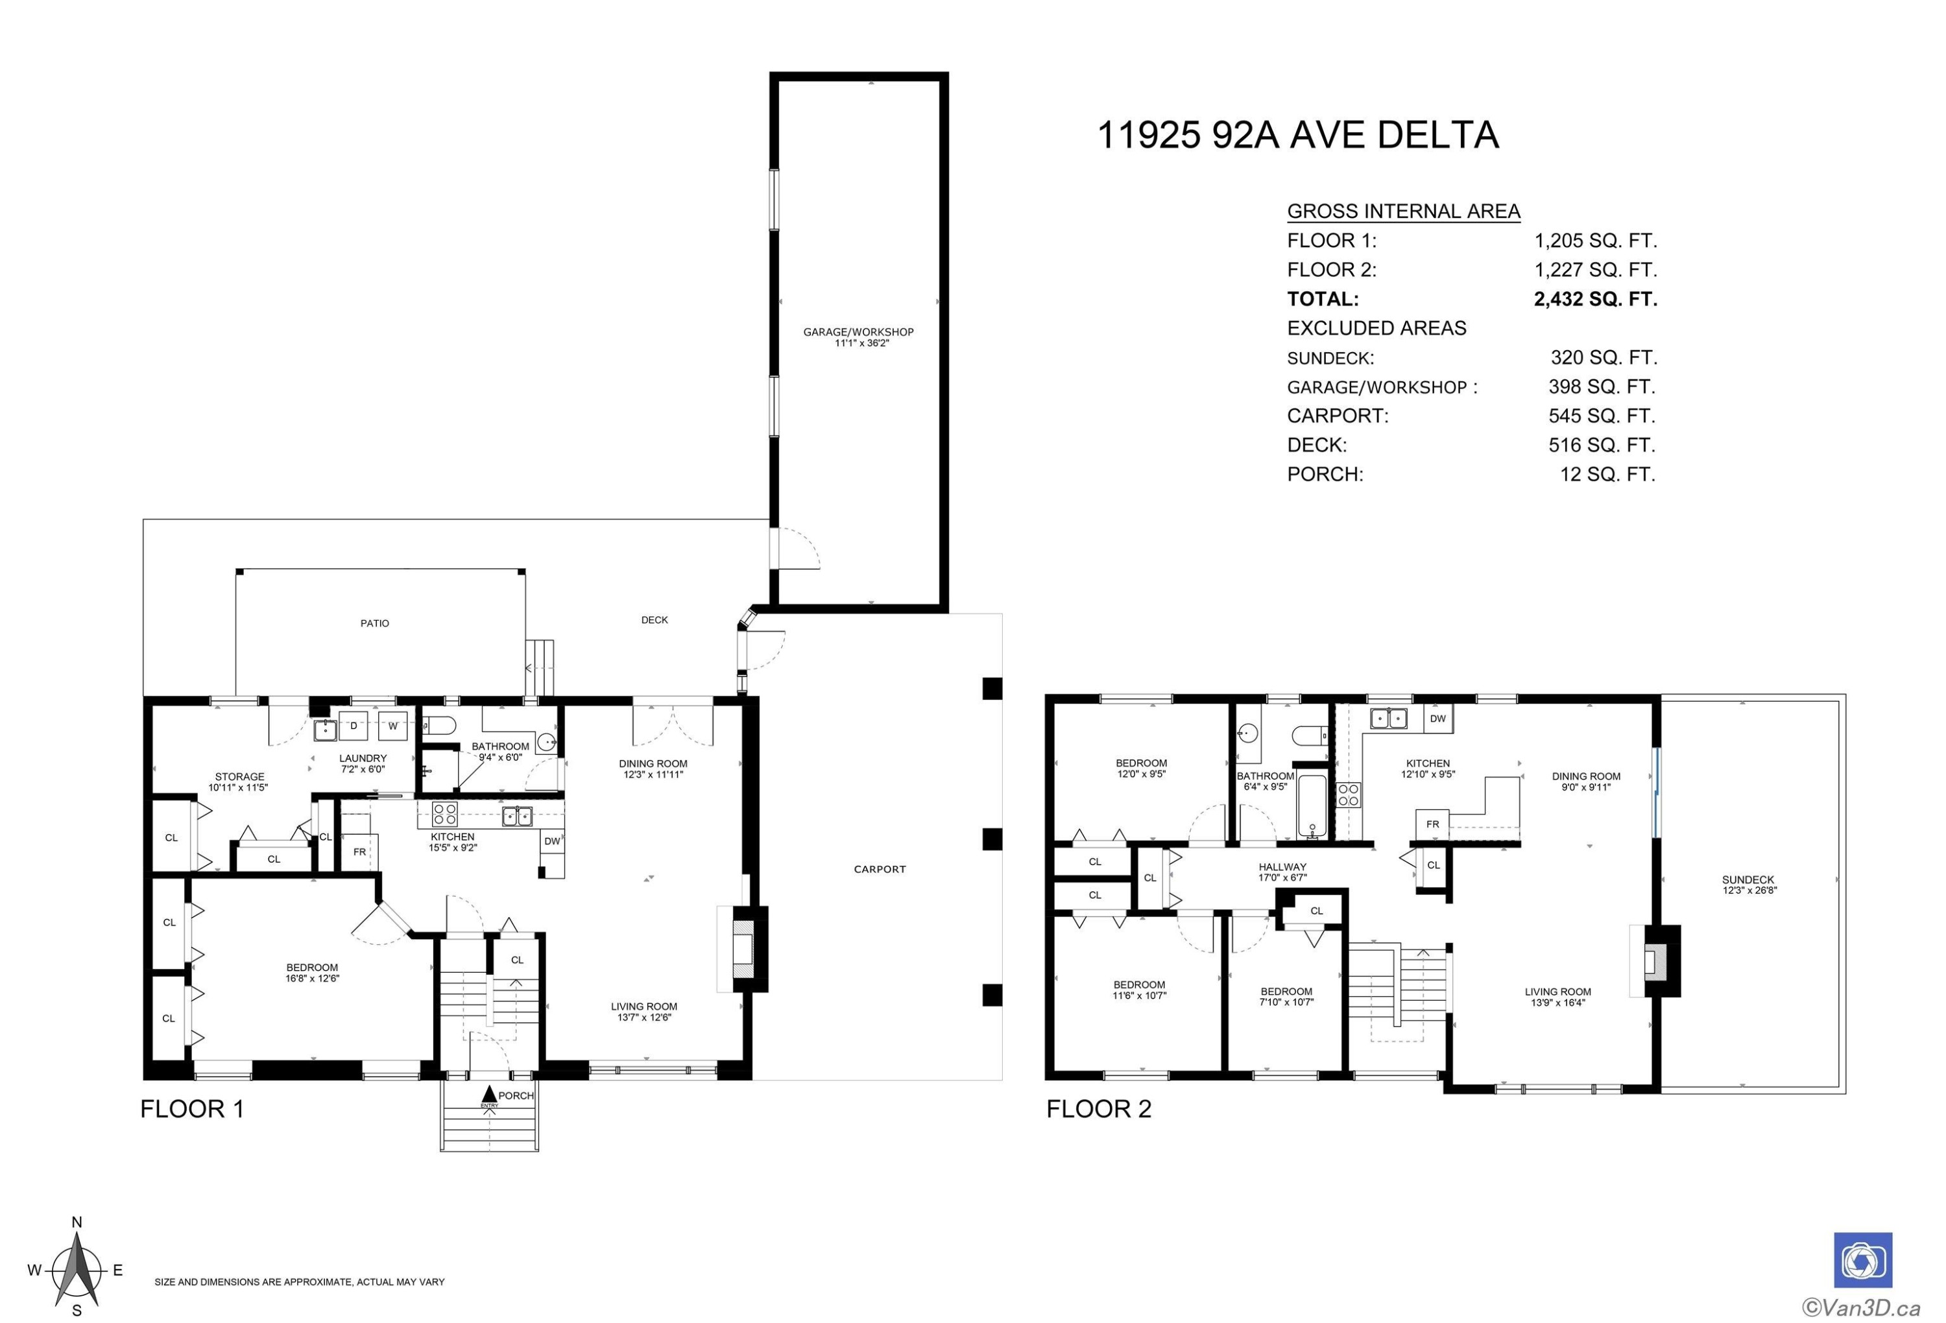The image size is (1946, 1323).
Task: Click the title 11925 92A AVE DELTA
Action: coord(1297,135)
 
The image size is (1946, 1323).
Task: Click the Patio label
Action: coord(375,623)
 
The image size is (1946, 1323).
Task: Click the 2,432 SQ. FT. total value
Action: coord(1595,299)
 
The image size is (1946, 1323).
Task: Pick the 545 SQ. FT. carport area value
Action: coord(1602,415)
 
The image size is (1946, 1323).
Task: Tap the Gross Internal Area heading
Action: coord(1404,211)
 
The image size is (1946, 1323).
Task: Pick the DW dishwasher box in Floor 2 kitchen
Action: coord(1437,719)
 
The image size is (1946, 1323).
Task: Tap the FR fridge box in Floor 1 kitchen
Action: coord(360,852)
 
